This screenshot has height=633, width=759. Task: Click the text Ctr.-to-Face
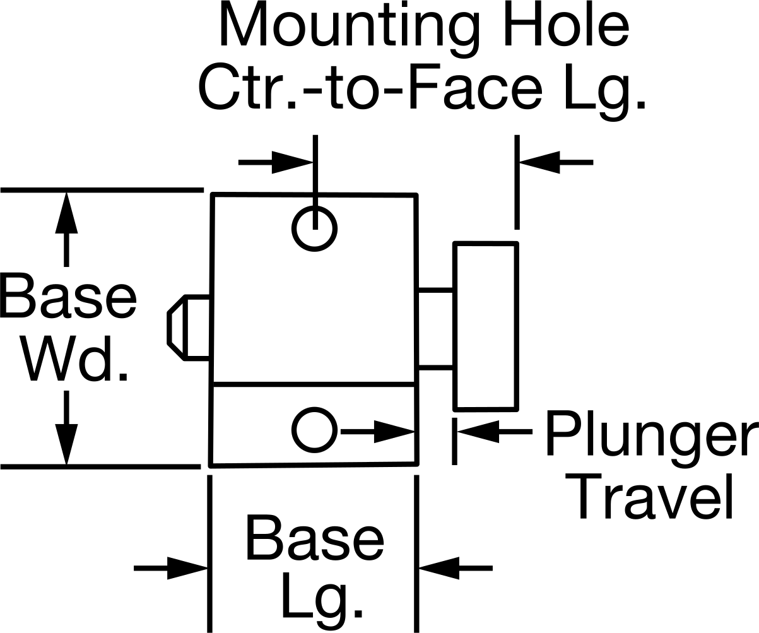pyautogui.click(x=370, y=87)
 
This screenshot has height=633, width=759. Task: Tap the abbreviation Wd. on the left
pyautogui.click(x=75, y=358)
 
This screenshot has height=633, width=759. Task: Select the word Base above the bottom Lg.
pyautogui.click(x=315, y=538)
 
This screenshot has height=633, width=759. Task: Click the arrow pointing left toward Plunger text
pyautogui.click(x=495, y=432)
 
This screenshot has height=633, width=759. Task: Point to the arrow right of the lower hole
pyautogui.click(x=378, y=432)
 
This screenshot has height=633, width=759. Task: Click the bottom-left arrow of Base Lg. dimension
pyautogui.click(x=171, y=568)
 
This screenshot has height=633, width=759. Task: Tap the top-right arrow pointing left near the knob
pyautogui.click(x=557, y=163)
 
